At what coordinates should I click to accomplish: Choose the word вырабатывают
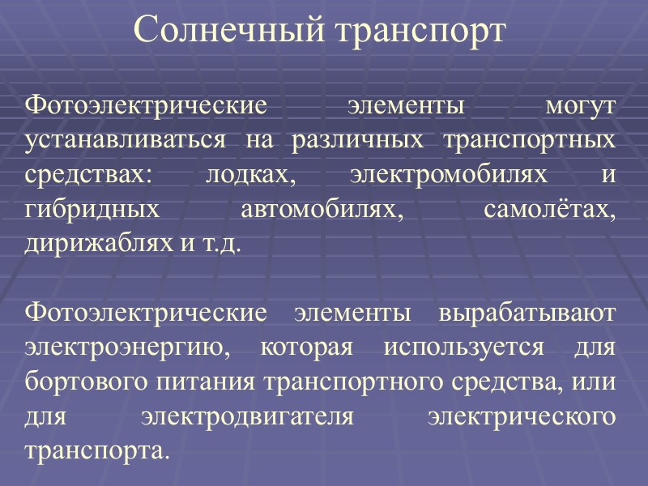526,313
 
